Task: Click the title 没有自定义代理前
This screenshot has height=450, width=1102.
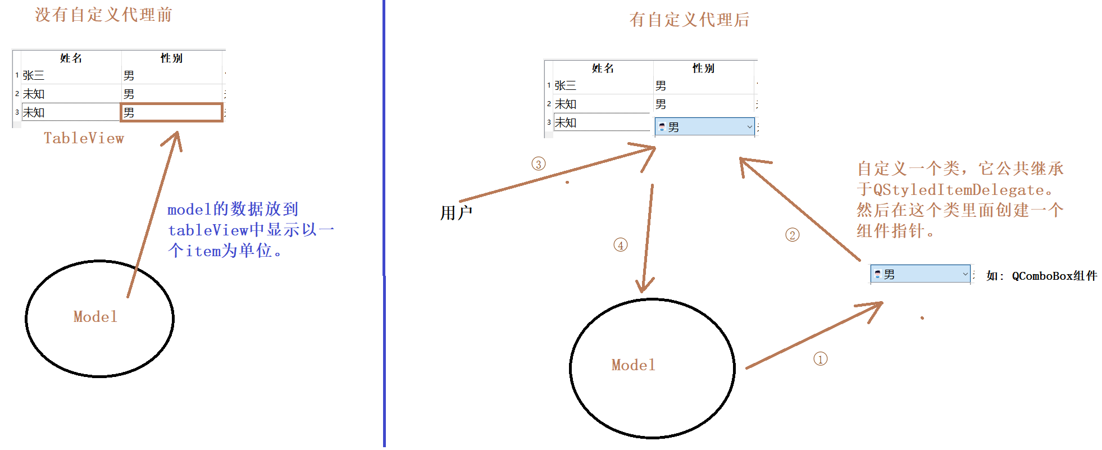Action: pyautogui.click(x=103, y=15)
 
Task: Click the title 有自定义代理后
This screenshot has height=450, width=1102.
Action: pyautogui.click(x=689, y=20)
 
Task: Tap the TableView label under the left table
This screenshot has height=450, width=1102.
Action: pyautogui.click(x=84, y=138)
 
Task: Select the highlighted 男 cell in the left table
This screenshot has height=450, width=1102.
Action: pyautogui.click(x=172, y=112)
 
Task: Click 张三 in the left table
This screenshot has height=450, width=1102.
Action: pyautogui.click(x=34, y=75)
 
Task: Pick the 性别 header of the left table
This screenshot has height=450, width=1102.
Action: pyautogui.click(x=171, y=58)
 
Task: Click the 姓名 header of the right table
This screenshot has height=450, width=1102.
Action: pyautogui.click(x=603, y=68)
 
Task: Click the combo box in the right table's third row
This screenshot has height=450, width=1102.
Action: pyautogui.click(x=704, y=127)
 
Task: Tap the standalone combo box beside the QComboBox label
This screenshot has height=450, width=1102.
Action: pyautogui.click(x=919, y=274)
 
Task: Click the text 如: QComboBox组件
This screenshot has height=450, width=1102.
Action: pyautogui.click(x=1041, y=276)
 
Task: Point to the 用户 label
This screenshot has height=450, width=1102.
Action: pyautogui.click(x=456, y=213)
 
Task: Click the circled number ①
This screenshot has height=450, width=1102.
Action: pyautogui.click(x=820, y=359)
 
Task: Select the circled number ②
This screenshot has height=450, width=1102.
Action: pyautogui.click(x=792, y=235)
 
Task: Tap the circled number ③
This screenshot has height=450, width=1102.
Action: pyautogui.click(x=538, y=164)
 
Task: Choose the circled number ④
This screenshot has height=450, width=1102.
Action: pyautogui.click(x=620, y=245)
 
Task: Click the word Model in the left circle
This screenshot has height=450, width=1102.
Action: pyautogui.click(x=95, y=317)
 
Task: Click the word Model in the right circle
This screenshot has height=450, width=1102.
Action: pyautogui.click(x=633, y=365)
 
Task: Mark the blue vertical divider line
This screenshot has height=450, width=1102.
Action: pyautogui.click(x=384, y=225)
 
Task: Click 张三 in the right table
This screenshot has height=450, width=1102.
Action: pyautogui.click(x=566, y=85)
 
